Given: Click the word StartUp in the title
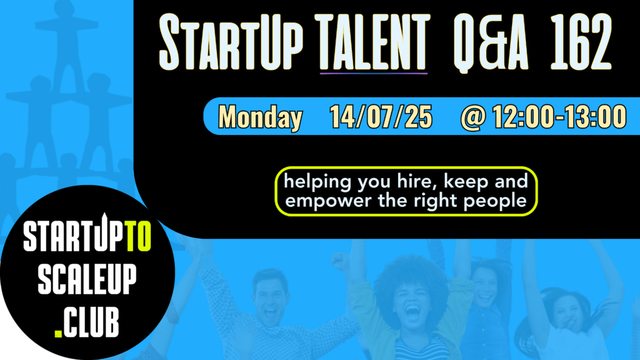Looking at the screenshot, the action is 231,42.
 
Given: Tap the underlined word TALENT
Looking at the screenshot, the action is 374,42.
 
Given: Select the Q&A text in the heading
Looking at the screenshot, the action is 490,43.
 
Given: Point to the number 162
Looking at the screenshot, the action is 581,42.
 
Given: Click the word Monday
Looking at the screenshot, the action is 261,117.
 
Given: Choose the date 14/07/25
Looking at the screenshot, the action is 381,117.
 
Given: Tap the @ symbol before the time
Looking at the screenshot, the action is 474,117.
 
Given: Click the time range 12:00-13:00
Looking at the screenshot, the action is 559,117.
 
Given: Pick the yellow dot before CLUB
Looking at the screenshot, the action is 58,334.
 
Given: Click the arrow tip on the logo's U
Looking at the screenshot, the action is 104,214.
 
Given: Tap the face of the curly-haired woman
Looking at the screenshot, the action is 412,302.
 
